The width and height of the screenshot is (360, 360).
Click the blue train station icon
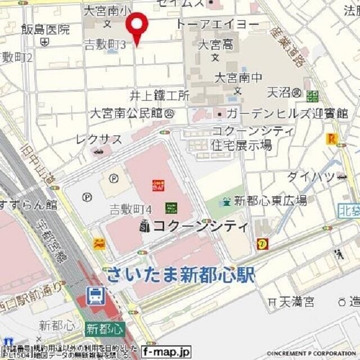(x=95, y=294)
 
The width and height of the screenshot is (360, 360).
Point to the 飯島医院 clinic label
(x=46, y=29)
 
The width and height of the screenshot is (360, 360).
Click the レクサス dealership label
(x=99, y=139)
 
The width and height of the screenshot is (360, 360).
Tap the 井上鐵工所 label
(x=160, y=95)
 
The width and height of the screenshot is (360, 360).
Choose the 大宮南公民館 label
(x=128, y=113)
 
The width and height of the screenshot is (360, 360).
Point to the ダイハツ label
(x=310, y=177)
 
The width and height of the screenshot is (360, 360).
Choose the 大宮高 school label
(x=215, y=44)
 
